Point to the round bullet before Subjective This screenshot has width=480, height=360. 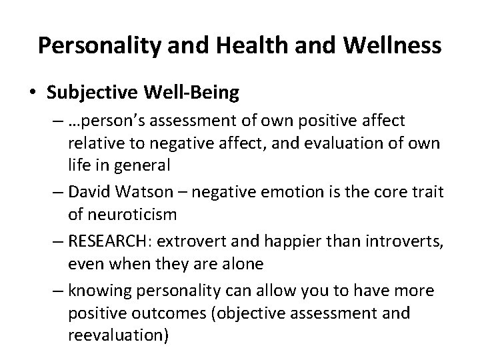click(x=34, y=93)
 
